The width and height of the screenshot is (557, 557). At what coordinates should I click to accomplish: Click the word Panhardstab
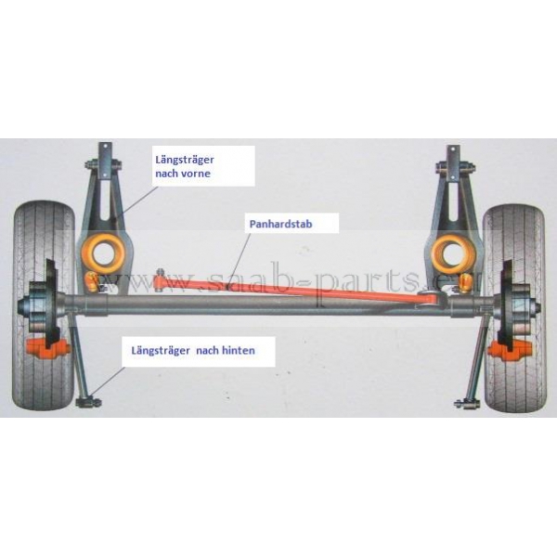(279, 224)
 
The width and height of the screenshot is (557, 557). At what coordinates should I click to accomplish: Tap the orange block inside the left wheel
(50, 351)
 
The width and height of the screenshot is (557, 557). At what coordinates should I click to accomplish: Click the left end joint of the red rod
(163, 271)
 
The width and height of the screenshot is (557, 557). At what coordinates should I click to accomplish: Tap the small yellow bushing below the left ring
(91, 281)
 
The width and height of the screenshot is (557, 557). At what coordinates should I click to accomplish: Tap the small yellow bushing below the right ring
(461, 282)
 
